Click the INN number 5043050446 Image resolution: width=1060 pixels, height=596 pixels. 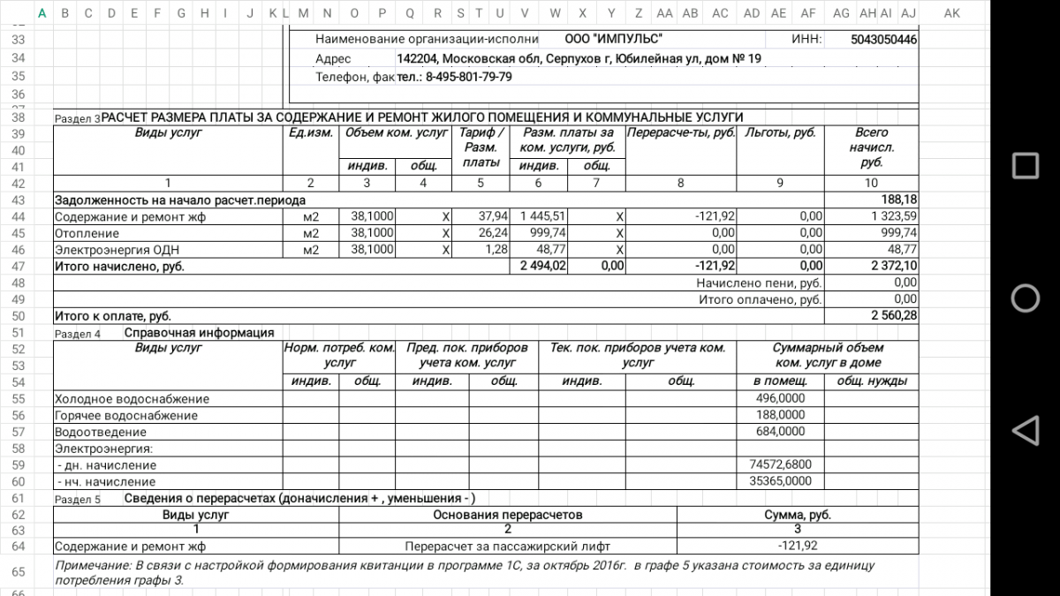pyautogui.click(x=883, y=40)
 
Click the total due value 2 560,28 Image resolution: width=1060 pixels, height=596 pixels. pyautogui.click(x=894, y=315)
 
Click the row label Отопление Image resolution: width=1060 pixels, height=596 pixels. pyautogui.click(x=87, y=233)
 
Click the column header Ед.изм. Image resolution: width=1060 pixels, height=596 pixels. pyautogui.click(x=310, y=133)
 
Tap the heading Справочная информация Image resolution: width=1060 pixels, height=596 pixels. pyautogui.click(x=199, y=333)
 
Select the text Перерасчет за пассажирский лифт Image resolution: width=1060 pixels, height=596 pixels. pyautogui.click(x=507, y=546)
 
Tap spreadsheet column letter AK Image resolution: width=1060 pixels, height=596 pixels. pyautogui.click(x=951, y=13)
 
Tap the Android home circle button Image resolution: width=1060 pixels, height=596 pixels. pyautogui.click(x=1025, y=298)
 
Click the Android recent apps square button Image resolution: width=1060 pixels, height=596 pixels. pyautogui.click(x=1025, y=166)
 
